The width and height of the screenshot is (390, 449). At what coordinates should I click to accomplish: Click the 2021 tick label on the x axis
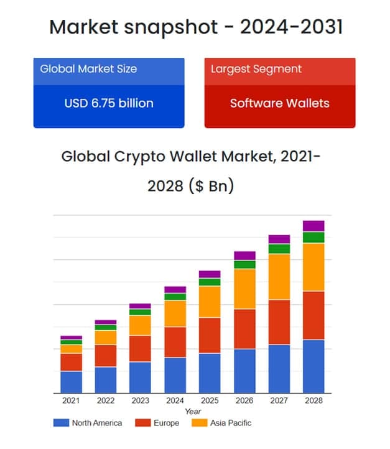click(71, 401)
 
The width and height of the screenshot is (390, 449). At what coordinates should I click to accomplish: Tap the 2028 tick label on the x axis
click(313, 401)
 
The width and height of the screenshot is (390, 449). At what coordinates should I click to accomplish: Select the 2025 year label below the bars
click(210, 401)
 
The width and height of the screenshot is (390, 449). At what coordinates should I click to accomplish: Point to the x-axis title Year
click(193, 412)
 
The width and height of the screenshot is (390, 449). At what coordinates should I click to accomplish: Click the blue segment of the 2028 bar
click(313, 366)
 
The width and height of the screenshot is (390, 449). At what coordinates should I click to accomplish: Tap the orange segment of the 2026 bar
click(244, 289)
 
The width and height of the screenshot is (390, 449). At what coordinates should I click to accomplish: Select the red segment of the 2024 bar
click(175, 342)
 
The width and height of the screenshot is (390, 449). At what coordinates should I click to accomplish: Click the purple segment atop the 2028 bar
click(313, 226)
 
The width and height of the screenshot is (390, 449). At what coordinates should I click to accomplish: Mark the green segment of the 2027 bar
click(279, 249)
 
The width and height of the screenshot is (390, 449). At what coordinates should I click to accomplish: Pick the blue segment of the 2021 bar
click(71, 382)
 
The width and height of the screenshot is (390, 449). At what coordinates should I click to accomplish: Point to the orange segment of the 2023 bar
click(140, 325)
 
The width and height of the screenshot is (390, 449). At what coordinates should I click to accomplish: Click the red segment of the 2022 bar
click(106, 356)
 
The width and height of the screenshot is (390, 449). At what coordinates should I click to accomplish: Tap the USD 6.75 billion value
click(109, 103)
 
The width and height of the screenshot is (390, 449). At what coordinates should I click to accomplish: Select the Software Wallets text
click(280, 103)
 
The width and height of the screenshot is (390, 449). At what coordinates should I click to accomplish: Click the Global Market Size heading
click(88, 68)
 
